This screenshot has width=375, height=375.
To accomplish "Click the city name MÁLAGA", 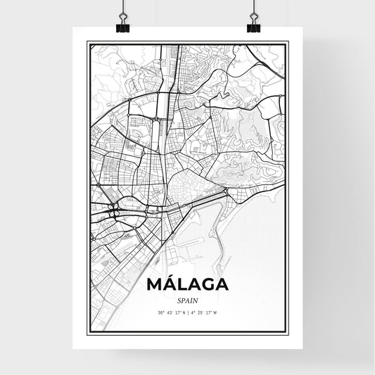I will coord(187,285).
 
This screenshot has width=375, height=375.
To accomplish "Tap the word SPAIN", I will coord(187,300).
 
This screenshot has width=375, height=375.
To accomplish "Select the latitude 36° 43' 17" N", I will coord(171,312).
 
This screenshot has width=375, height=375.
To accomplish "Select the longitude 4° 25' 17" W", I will coord(205,312).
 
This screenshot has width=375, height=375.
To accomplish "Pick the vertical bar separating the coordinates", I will coord(189,312).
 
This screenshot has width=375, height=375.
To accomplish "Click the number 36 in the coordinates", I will coord(160,312).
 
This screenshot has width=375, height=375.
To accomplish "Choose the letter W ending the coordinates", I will coord(215,312).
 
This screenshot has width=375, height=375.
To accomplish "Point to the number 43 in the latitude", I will coord(168,312).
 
